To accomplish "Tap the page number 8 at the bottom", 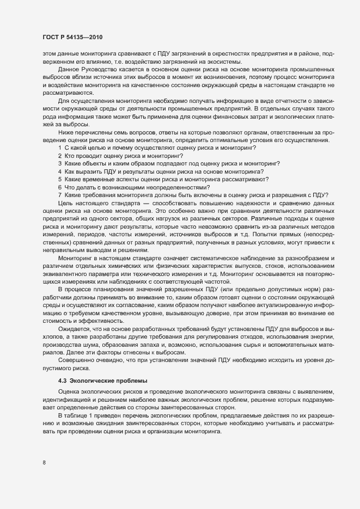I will click(x=44, y=463).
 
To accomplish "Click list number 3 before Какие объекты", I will click(x=60, y=164).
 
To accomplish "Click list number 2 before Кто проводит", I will click(x=60, y=156).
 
